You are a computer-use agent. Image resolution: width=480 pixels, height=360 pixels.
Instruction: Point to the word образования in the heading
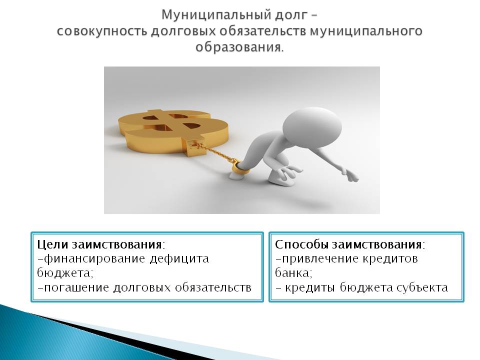click(x=238, y=47)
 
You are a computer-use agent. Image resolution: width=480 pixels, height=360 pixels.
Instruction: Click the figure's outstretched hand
click(x=351, y=175)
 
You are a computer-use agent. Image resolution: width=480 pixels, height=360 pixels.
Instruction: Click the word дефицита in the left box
click(x=179, y=258)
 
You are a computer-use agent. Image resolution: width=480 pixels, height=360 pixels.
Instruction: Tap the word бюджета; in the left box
click(x=65, y=272)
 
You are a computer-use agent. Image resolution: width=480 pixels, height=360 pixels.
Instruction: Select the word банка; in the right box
click(x=293, y=272)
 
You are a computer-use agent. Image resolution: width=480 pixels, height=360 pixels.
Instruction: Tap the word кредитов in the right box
click(x=390, y=259)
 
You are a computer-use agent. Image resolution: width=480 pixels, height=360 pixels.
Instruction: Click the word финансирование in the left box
click(x=94, y=259)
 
